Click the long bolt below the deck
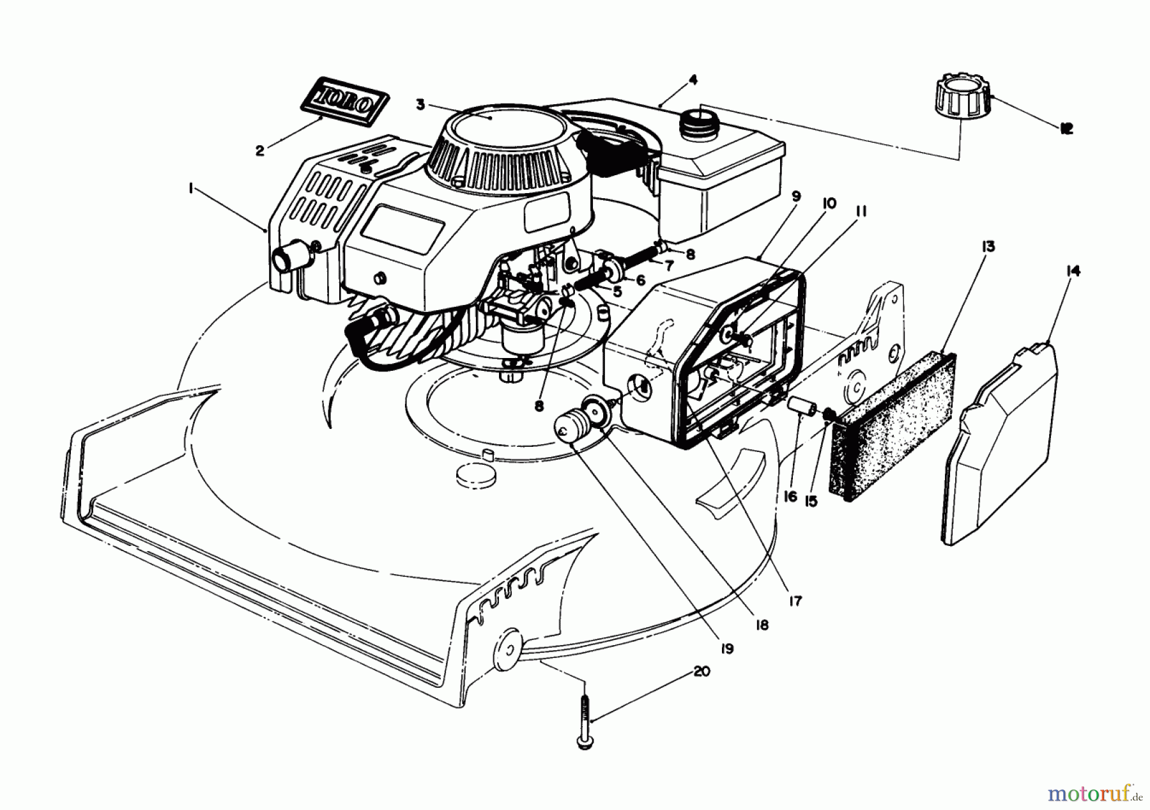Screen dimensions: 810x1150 (583, 722)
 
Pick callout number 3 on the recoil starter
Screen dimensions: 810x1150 (420, 105)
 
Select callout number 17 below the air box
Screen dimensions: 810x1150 (795, 602)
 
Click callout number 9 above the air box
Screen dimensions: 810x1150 (795, 198)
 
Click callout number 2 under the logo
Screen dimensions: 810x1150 (259, 151)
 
